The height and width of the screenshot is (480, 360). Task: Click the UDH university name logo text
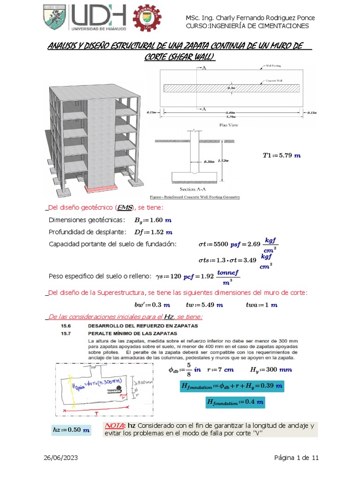click(99, 18)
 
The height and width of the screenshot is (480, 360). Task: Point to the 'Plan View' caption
click(228, 125)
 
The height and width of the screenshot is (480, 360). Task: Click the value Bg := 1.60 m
click(153, 220)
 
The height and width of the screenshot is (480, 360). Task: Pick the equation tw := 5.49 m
click(204, 305)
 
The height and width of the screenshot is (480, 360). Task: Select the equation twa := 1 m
click(262, 305)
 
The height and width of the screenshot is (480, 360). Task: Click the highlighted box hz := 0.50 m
click(71, 430)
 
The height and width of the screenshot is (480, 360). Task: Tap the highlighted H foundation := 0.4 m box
click(235, 402)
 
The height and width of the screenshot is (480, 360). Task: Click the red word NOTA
click(115, 426)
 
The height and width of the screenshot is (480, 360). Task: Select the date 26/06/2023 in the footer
click(61, 458)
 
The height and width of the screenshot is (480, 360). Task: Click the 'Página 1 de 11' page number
click(296, 458)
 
